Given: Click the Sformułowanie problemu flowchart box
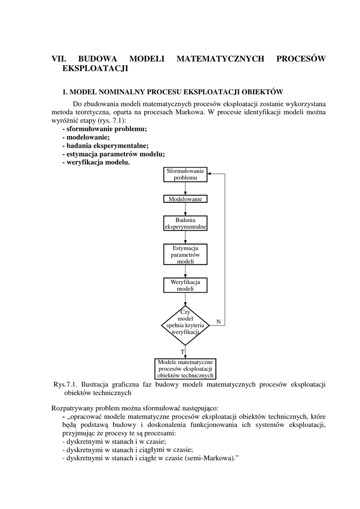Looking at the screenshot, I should coord(185,174).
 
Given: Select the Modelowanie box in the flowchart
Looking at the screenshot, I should coord(185,199).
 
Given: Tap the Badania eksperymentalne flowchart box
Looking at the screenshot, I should coord(185,223).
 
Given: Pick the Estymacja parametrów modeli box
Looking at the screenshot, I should coord(185,254).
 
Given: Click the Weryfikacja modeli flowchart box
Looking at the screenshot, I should coord(185,285).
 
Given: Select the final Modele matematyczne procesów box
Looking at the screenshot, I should coord(185,368).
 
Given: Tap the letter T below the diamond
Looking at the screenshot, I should coord(182,352).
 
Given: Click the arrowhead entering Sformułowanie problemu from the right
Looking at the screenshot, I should coord(210,174).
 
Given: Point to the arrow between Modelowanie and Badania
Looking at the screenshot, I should coord(185,209).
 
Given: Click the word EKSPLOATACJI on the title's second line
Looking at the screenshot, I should coord(95,69).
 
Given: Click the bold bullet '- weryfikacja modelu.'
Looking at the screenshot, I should coord(96,163).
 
